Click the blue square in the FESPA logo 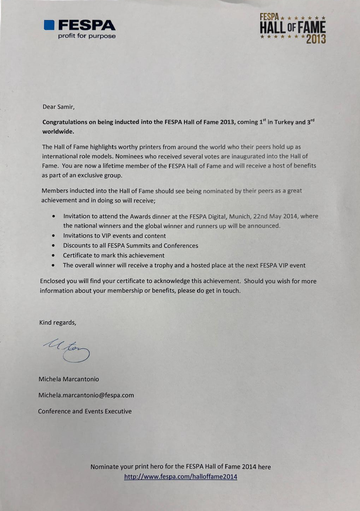49,24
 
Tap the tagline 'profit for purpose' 87,36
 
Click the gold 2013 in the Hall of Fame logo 316,39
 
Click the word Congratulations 65,122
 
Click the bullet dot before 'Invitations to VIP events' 53,235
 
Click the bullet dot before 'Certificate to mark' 53,255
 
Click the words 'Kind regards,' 58,323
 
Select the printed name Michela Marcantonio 69,379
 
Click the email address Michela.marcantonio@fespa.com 86,395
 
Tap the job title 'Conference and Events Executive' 85,411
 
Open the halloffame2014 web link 180,477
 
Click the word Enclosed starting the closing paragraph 52,281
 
